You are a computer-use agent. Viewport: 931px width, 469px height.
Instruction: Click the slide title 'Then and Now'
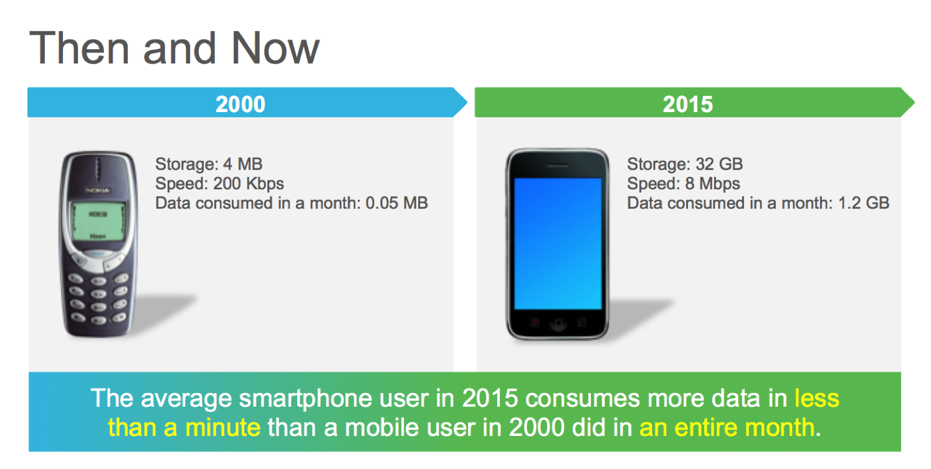174,48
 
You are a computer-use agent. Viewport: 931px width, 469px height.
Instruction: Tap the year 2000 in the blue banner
241,104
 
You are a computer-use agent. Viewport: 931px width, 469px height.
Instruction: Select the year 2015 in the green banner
688,104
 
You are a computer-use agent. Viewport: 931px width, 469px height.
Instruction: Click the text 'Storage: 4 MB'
209,164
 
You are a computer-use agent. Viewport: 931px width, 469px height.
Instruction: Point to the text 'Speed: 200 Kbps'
219,184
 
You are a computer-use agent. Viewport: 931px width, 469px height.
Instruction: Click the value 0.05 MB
396,203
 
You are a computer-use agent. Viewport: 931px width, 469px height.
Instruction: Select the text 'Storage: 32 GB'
685,164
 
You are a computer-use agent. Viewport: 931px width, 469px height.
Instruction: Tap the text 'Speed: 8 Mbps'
684,184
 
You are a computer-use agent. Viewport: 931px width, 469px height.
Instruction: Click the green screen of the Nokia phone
98,221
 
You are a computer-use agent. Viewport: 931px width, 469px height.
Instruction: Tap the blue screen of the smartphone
558,244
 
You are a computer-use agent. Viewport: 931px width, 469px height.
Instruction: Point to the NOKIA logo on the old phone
98,190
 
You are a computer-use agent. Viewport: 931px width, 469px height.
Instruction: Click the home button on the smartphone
558,323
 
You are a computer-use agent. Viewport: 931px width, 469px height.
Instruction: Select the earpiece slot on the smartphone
558,166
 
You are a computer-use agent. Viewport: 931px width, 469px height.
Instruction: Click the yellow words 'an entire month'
727,427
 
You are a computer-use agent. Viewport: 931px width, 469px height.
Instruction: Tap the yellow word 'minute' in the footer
222,427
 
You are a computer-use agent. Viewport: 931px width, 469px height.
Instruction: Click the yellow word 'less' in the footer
817,398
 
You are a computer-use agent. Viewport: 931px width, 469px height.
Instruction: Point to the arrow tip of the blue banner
467,102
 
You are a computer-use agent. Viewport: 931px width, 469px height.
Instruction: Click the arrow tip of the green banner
914,102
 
